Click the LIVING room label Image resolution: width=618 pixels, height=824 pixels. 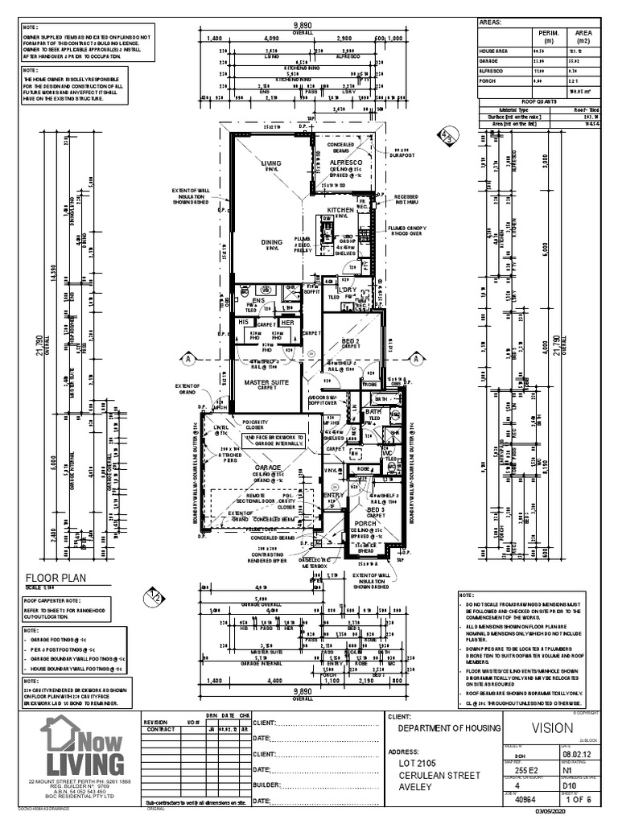tap(271, 163)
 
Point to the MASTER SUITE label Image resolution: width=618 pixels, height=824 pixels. tap(266, 382)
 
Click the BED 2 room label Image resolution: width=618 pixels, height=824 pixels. tap(350, 342)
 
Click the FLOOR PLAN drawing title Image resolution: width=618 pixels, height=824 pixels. tap(56, 577)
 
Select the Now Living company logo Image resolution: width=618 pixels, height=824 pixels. tap(84, 748)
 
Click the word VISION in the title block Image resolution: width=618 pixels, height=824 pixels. tap(552, 728)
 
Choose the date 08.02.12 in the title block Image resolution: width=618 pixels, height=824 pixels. tap(579, 755)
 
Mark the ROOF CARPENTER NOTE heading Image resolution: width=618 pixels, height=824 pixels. tap(51, 599)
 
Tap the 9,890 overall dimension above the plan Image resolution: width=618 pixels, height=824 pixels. tap(302, 26)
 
